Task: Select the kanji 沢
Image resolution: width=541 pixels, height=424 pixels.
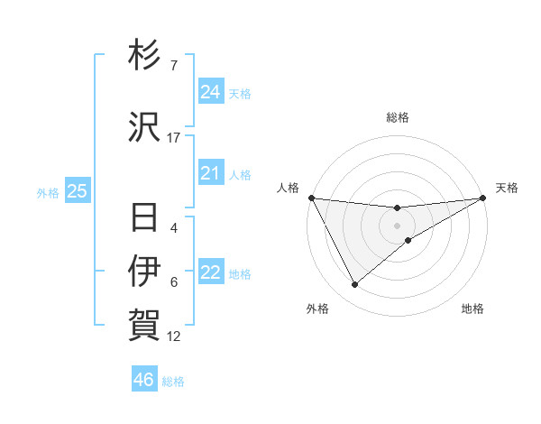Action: click(x=145, y=127)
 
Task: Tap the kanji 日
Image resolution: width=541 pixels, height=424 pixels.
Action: click(x=145, y=217)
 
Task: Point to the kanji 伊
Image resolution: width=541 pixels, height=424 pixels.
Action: click(x=145, y=272)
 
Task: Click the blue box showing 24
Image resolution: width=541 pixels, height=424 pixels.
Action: click(x=211, y=92)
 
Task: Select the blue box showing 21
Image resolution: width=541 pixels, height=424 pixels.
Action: click(x=211, y=173)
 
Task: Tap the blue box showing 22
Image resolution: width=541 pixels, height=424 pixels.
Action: click(x=211, y=272)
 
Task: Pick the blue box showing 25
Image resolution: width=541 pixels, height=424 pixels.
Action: click(x=78, y=191)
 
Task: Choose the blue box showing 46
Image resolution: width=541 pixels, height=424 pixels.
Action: click(x=144, y=380)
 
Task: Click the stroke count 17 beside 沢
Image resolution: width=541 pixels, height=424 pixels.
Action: click(x=174, y=138)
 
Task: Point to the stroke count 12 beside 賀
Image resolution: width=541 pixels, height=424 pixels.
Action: click(x=174, y=336)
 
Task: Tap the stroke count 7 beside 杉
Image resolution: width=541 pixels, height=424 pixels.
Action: click(x=174, y=66)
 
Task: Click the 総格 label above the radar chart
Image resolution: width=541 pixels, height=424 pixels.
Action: click(x=398, y=117)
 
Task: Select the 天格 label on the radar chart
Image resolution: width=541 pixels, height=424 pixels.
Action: click(x=507, y=188)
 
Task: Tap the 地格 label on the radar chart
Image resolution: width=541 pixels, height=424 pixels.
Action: click(x=472, y=309)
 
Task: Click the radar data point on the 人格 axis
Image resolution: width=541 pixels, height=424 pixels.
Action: click(x=311, y=198)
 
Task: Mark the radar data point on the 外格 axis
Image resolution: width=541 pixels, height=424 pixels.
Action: click(x=354, y=285)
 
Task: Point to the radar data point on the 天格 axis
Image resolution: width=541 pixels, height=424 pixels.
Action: click(x=483, y=198)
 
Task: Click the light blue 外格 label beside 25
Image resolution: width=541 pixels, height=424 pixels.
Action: click(x=47, y=192)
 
